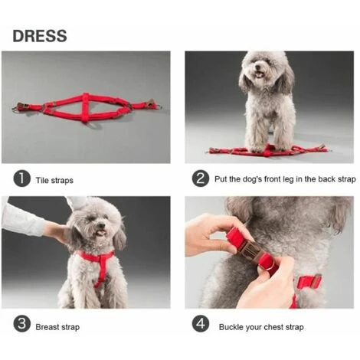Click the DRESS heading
point(39,36)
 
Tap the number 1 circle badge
point(22,179)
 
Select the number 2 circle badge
point(201,179)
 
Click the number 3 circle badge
point(22,325)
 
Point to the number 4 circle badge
point(201,325)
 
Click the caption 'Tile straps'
point(54,180)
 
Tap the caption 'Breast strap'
point(57,327)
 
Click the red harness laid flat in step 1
point(86,107)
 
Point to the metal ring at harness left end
point(17,109)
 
